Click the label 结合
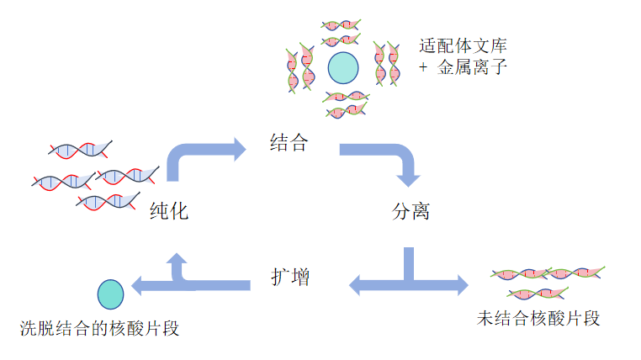pos(289,143)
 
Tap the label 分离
pos(411,211)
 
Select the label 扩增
pos(290,277)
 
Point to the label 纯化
pos(169,211)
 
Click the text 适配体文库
pos(463,45)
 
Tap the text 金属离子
pos(472,67)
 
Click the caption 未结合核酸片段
pos(538,318)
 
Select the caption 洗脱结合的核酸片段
pos(99,328)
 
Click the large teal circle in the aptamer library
pos(343,68)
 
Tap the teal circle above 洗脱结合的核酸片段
pos(110,294)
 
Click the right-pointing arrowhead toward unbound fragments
pos(463,285)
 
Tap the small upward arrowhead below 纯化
pos(177,258)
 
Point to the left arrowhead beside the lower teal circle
pos(136,285)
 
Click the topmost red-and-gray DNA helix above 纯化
pos(80,150)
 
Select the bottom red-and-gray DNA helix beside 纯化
pos(108,201)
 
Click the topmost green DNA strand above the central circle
pos(341,25)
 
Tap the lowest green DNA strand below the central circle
pos(347,110)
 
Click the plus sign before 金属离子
pos(423,66)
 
